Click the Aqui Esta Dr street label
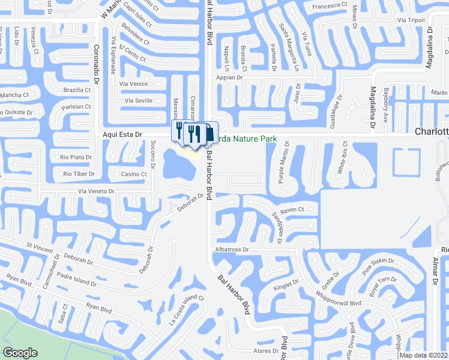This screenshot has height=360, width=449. [121, 136]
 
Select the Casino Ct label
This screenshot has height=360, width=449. [134, 174]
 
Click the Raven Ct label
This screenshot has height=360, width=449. [292, 210]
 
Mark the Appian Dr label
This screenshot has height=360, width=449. [231, 77]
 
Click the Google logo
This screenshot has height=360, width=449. [20, 353]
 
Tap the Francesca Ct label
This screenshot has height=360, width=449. [328, 5]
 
